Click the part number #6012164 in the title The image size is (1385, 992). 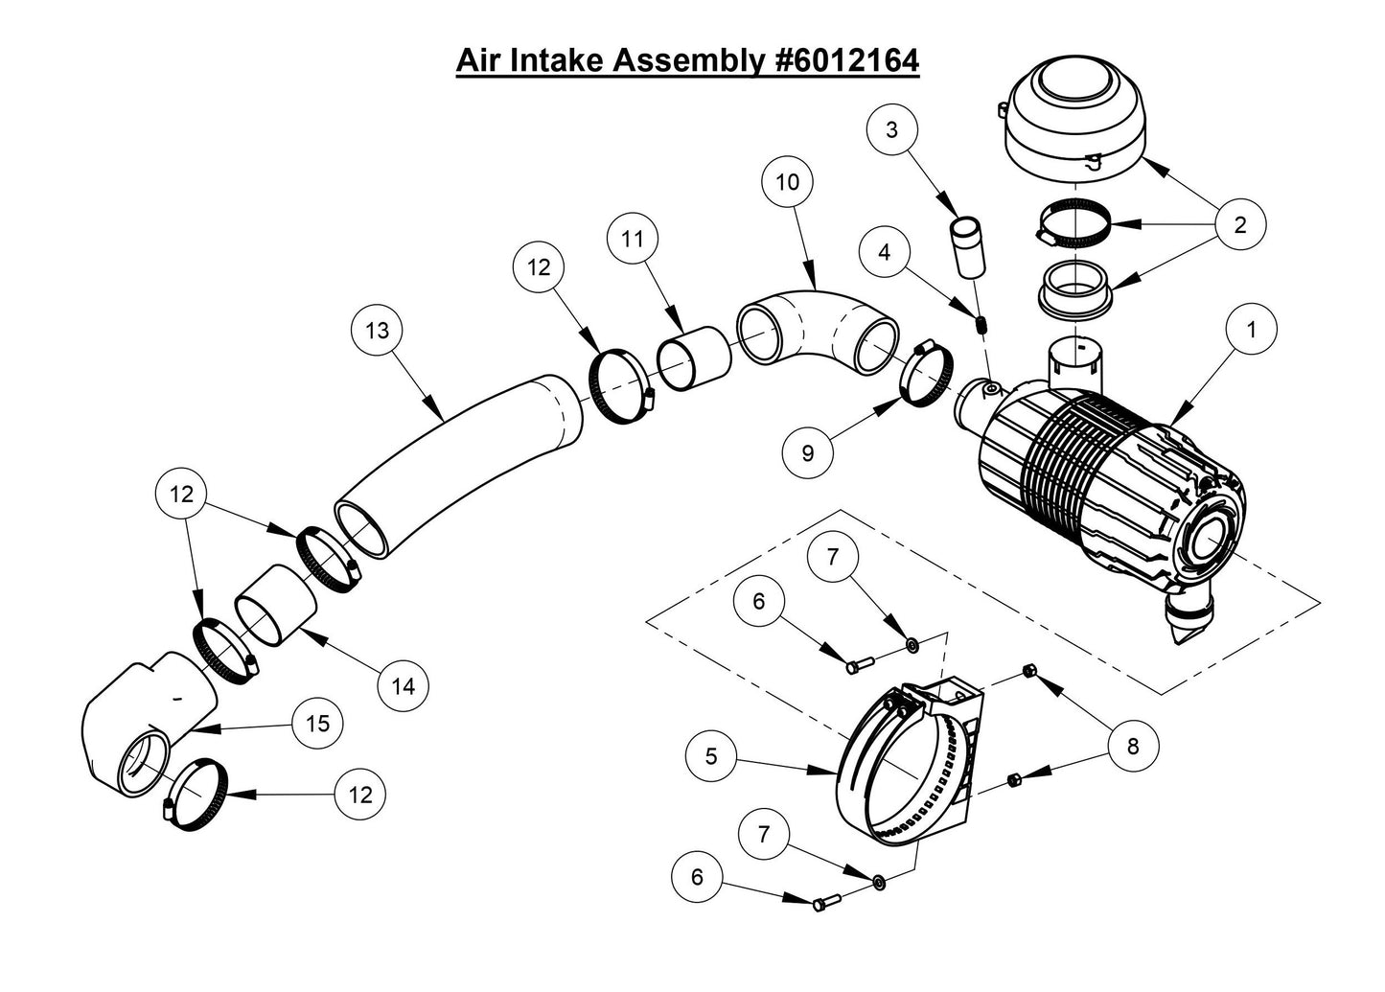[x=844, y=60]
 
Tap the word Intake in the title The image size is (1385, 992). [x=557, y=60]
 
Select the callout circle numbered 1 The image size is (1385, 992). [x=1250, y=330]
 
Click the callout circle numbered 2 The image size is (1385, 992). [x=1240, y=225]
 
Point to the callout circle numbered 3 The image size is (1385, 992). [x=892, y=129]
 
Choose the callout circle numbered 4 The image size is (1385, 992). [x=884, y=252]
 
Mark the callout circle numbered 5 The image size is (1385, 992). [x=711, y=756]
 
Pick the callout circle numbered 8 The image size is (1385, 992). [x=1133, y=746]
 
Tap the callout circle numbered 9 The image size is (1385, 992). [x=807, y=452]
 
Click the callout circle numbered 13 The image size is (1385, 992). [x=377, y=330]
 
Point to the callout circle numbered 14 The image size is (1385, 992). [x=404, y=686]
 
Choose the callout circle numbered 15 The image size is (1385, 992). [x=317, y=723]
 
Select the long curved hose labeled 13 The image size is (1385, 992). [x=460, y=460]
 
